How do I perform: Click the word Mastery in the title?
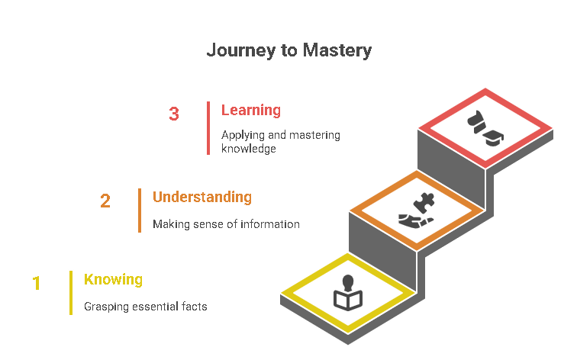(x=337, y=51)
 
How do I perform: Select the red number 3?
(x=174, y=114)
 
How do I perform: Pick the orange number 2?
(x=105, y=201)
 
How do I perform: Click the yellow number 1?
(x=36, y=284)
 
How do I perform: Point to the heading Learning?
(x=251, y=110)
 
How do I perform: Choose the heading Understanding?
(x=202, y=197)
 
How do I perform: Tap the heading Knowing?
(x=113, y=279)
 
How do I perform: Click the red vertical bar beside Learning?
(x=208, y=128)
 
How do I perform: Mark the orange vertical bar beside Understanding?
(x=140, y=210)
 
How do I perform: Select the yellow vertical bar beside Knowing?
(x=71, y=292)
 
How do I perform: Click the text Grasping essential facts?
(x=146, y=307)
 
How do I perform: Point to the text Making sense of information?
(x=226, y=224)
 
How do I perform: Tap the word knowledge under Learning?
(x=248, y=149)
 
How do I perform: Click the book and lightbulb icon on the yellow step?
(x=348, y=294)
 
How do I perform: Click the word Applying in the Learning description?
(x=241, y=135)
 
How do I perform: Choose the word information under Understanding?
(x=270, y=224)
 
